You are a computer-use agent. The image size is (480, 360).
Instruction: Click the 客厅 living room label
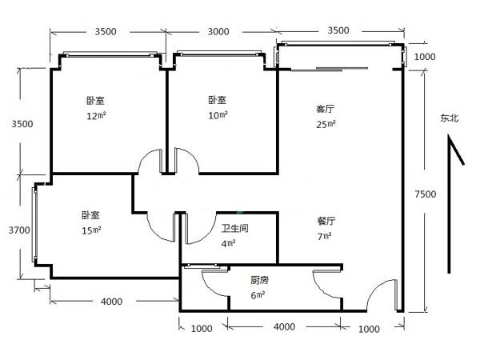(x=325, y=109)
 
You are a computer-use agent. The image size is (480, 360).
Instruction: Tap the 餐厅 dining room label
(x=326, y=221)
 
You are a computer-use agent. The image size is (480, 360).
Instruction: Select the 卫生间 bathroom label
(x=234, y=228)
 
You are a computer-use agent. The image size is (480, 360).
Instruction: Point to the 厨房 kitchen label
(x=259, y=280)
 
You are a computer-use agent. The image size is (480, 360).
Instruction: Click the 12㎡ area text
(x=96, y=116)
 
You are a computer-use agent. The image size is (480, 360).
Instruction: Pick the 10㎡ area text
(x=218, y=115)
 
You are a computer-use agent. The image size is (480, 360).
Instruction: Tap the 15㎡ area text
(x=91, y=230)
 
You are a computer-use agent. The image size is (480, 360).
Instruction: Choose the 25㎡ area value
(x=326, y=124)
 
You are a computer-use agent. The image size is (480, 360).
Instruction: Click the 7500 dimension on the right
(x=426, y=194)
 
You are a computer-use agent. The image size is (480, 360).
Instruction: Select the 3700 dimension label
(x=19, y=230)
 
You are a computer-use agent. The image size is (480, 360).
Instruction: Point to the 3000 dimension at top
(x=218, y=31)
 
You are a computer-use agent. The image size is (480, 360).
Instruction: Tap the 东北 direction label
(x=450, y=118)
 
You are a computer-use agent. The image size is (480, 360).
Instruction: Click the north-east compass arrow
(x=450, y=203)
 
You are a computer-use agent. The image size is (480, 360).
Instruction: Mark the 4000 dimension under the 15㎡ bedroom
(x=112, y=302)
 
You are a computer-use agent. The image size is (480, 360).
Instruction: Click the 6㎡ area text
(x=258, y=295)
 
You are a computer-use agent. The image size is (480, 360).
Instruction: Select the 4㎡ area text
(x=228, y=244)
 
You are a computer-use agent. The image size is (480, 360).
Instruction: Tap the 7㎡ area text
(x=325, y=236)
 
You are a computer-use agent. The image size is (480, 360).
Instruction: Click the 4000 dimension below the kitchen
(x=284, y=327)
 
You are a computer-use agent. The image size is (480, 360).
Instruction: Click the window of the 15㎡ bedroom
(x=34, y=224)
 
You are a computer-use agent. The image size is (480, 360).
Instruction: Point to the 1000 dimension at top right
(x=425, y=57)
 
